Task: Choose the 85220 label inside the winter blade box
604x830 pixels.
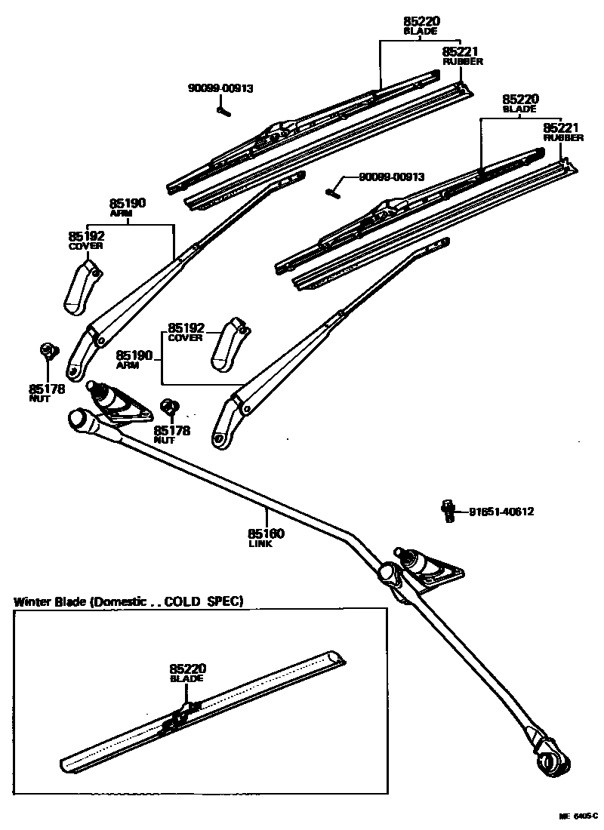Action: point(187,669)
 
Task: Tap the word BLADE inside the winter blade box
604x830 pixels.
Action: point(186,679)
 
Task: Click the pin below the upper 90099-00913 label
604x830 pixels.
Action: point(223,110)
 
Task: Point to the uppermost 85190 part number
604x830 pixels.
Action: point(128,203)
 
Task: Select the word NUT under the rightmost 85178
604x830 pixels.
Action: point(165,440)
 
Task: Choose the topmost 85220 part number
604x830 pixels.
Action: point(421,22)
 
